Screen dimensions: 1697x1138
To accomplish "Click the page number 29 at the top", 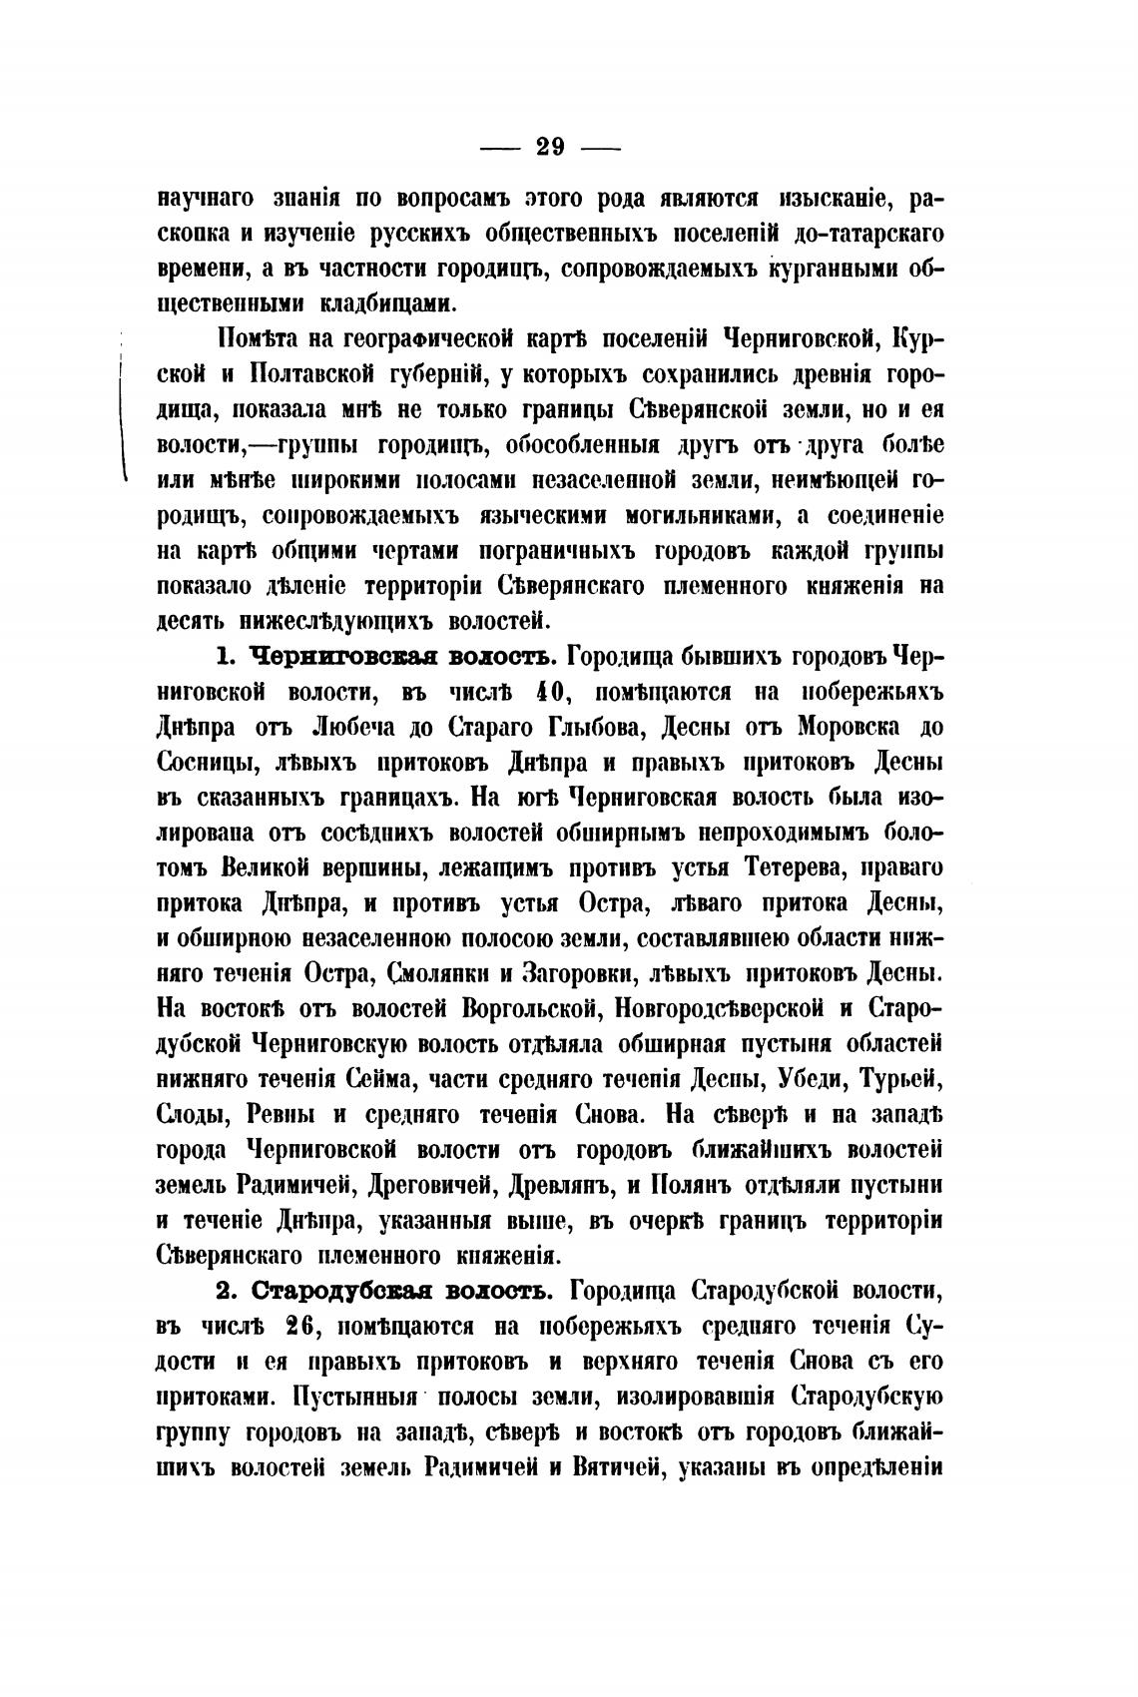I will click(551, 148).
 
